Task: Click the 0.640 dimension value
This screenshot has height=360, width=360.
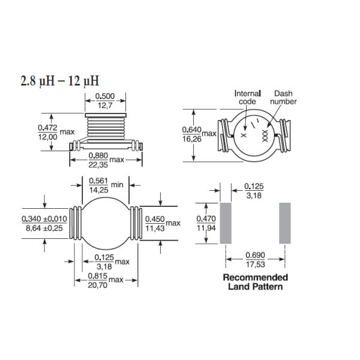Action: point(191,129)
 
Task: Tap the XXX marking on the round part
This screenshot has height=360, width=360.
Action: point(265,137)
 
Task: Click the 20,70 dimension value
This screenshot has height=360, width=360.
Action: point(98,285)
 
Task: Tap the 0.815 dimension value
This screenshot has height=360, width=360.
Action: point(98,276)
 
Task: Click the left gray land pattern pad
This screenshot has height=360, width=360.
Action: point(226,223)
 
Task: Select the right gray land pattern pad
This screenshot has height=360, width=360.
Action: point(284,223)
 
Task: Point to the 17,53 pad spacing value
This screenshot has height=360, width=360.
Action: point(256,264)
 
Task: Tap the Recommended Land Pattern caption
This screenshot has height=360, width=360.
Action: point(255,282)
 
